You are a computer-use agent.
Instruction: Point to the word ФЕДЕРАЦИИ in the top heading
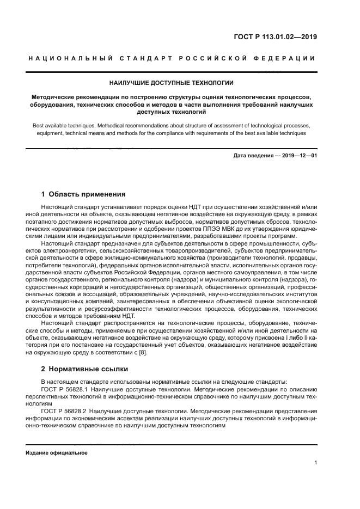click(287, 58)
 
